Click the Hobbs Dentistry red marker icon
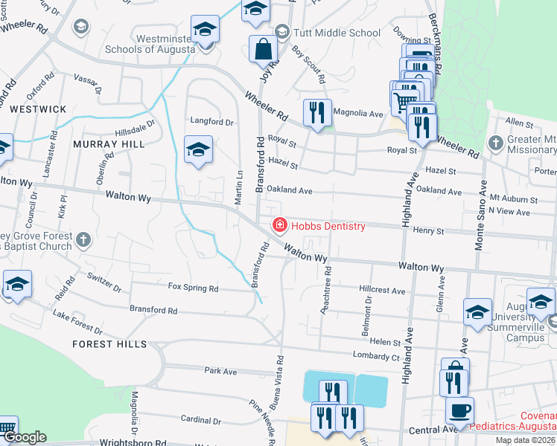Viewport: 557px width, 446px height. (279, 224)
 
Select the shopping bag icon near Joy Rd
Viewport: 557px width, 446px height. (264, 50)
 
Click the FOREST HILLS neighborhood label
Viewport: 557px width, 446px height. (109, 344)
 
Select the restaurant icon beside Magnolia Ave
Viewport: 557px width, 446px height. (318, 113)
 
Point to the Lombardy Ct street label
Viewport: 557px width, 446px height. (377, 356)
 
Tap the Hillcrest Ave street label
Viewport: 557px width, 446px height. (381, 290)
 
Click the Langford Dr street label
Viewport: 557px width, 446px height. (212, 122)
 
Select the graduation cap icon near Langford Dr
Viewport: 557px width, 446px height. (198, 150)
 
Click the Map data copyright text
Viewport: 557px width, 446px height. (525, 440)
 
